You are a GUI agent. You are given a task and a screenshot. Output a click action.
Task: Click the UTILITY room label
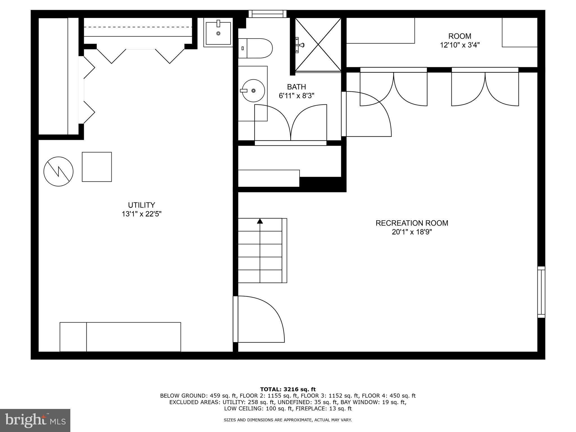pyautogui.click(x=141, y=205)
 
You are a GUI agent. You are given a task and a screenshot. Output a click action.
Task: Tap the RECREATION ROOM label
pyautogui.click(x=412, y=223)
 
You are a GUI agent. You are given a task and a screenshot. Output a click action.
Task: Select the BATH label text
pyautogui.click(x=296, y=87)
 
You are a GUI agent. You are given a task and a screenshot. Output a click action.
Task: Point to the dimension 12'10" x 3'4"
pyautogui.click(x=460, y=45)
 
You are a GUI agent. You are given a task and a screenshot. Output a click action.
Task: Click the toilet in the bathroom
pyautogui.click(x=255, y=48)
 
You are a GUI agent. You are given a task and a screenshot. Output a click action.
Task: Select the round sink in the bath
pyautogui.click(x=253, y=91)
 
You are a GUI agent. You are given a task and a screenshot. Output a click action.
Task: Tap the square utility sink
pyautogui.click(x=218, y=33)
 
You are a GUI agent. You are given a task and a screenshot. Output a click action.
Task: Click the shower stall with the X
pyautogui.click(x=318, y=44)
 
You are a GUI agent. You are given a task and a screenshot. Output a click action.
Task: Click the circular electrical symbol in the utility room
pyautogui.click(x=58, y=171)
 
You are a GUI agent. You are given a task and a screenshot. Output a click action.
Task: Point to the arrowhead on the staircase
pyautogui.click(x=260, y=221)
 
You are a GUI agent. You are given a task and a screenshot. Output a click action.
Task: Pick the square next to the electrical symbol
pyautogui.click(x=97, y=167)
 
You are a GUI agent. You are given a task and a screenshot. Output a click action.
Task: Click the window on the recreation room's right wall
pyautogui.click(x=541, y=292)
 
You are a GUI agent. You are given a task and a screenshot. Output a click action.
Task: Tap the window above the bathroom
pyautogui.click(x=267, y=14)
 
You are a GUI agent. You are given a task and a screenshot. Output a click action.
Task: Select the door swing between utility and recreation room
pyautogui.click(x=259, y=319)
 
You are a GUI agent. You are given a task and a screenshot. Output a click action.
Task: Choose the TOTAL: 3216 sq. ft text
pyautogui.click(x=288, y=389)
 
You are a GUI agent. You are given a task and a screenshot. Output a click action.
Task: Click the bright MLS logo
pyautogui.click(x=35, y=420)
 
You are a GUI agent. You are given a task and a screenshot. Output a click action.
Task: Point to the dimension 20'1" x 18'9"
pyautogui.click(x=412, y=232)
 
